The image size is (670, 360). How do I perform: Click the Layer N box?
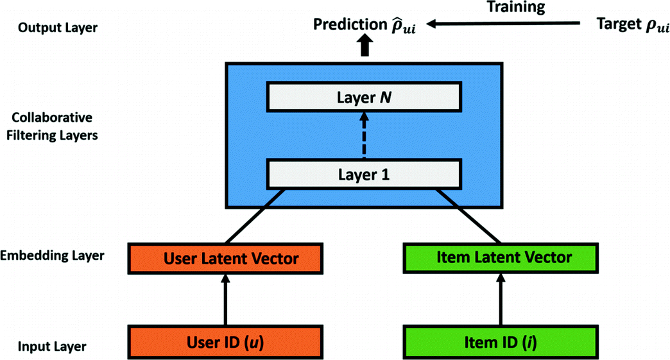(364, 98)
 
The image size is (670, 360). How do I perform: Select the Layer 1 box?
(364, 174)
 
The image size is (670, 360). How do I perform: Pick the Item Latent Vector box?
(504, 258)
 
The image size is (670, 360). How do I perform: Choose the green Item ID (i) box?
(504, 340)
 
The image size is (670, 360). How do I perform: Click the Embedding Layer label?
(53, 256)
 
